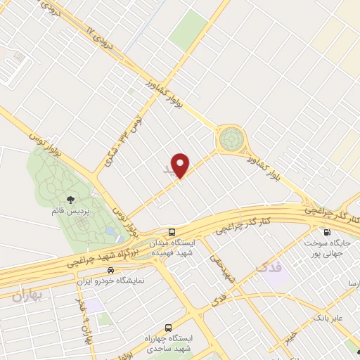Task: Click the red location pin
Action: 181,165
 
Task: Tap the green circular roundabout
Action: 229,139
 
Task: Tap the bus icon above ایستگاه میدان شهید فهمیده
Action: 172,232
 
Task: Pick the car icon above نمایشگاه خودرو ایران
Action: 110,270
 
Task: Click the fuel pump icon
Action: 326,233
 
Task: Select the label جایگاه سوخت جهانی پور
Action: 327,247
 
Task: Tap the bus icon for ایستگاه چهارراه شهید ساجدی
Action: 168,328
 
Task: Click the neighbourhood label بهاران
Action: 27,295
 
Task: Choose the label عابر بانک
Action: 328,319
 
